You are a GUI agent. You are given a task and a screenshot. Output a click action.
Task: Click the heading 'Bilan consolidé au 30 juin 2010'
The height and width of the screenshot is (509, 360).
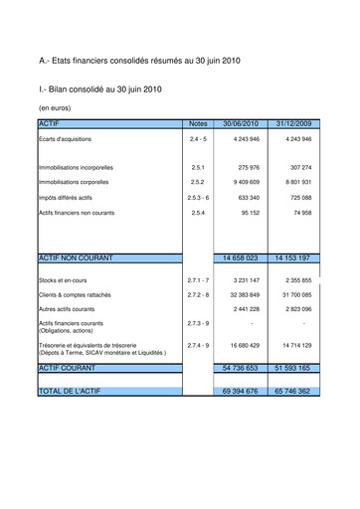point(100,89)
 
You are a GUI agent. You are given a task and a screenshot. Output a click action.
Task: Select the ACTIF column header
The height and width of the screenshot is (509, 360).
point(49,122)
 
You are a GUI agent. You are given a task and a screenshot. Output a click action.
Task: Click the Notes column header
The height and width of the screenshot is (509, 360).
point(198,123)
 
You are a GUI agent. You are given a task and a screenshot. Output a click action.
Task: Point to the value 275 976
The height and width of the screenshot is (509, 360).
point(248,168)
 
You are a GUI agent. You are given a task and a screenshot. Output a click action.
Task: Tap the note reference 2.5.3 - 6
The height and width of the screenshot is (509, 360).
point(198,198)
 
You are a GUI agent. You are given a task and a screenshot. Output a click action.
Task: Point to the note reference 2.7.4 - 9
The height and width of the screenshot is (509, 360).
point(198,345)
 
